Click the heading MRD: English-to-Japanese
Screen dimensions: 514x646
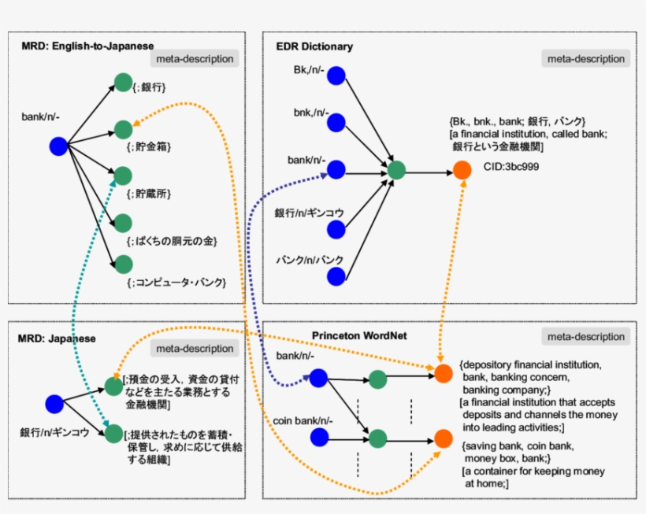pos(87,46)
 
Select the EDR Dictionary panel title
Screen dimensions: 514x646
pos(314,46)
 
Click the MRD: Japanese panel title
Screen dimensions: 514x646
pos(56,338)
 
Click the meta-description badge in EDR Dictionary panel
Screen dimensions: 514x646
pos(584,59)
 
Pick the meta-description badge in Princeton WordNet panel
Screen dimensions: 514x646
pos(584,337)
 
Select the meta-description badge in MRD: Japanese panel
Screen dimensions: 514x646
pos(194,349)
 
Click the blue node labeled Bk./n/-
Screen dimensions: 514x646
pos(336,76)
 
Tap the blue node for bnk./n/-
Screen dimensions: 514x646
pos(336,122)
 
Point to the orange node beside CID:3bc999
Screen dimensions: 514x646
pos(462,170)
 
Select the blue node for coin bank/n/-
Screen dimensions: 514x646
pos(318,436)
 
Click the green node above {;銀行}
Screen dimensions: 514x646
pos(123,82)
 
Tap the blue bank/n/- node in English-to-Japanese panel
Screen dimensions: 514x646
pos(58,146)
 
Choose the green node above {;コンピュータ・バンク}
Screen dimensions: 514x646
pos(123,264)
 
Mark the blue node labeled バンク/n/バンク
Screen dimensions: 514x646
pos(336,276)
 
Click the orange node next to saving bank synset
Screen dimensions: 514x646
pos(444,438)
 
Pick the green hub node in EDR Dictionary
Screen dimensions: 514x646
pos(395,170)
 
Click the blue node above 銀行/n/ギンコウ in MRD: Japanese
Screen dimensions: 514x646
pos(54,404)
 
